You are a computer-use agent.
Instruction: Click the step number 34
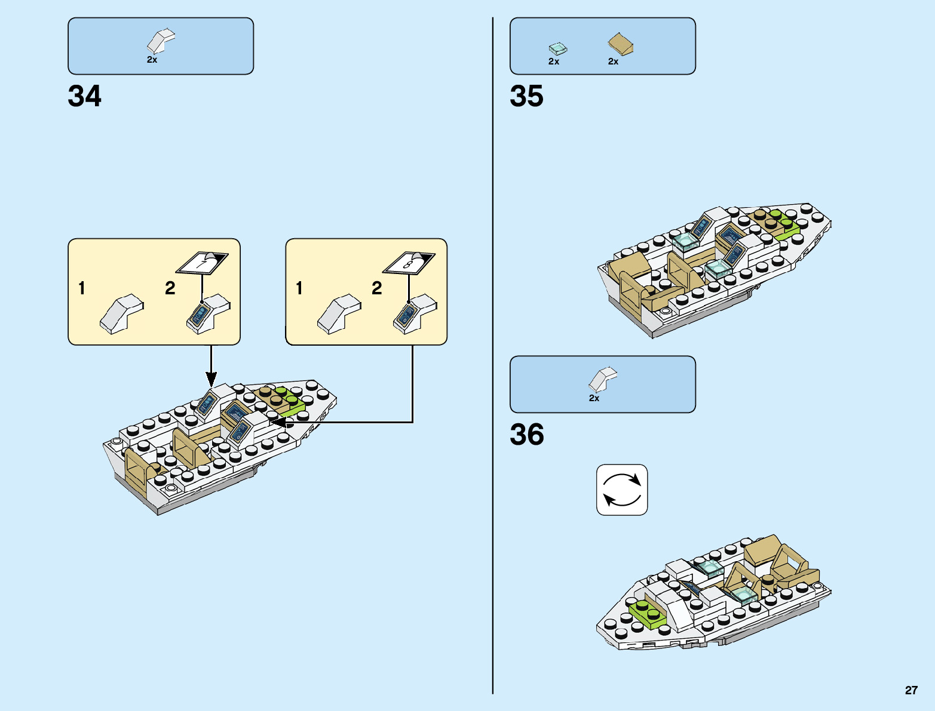click(x=85, y=96)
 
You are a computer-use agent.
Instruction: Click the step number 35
click(x=526, y=96)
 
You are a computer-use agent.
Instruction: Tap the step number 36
click(x=526, y=435)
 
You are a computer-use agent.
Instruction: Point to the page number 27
click(x=911, y=690)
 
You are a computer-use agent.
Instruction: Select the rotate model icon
click(x=622, y=490)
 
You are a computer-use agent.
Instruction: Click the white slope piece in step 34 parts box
click(x=160, y=41)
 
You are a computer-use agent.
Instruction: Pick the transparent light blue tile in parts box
click(x=557, y=48)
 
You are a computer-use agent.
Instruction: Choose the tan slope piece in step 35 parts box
click(x=621, y=44)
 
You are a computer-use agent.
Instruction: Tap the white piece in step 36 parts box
click(x=602, y=380)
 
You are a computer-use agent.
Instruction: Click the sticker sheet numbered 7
click(x=202, y=263)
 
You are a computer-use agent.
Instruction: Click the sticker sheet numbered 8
click(x=409, y=262)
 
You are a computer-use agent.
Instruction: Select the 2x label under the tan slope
click(x=613, y=61)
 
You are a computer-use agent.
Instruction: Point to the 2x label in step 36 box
click(x=594, y=398)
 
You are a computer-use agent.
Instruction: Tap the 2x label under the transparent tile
click(x=554, y=61)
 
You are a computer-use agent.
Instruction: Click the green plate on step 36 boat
click(x=648, y=614)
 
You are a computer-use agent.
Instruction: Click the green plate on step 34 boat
click(x=289, y=402)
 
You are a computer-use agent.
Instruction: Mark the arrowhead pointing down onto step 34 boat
click(x=211, y=378)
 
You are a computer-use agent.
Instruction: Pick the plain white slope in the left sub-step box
click(x=121, y=313)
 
